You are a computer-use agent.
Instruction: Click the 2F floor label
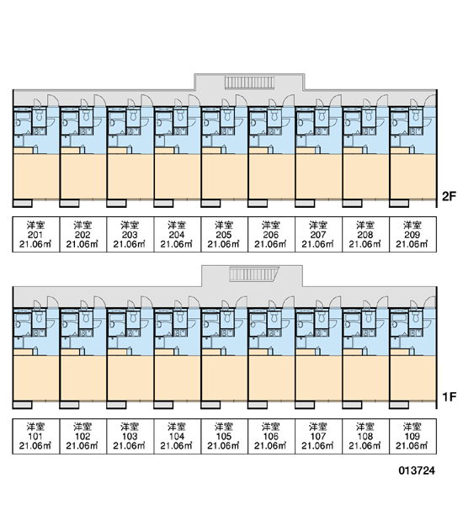[x=450, y=196]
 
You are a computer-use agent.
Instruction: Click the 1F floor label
[x=450, y=397]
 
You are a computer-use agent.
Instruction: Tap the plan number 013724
[x=417, y=470]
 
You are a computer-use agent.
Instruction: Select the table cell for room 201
[x=36, y=234]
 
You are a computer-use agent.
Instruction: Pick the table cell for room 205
[x=224, y=234]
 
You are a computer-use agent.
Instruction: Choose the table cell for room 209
[x=412, y=234]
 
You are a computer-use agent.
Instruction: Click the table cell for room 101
[x=36, y=436]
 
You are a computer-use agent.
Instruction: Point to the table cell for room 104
[x=178, y=436]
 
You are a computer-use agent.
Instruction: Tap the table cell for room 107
[x=319, y=436]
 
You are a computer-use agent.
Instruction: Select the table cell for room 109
[x=412, y=436]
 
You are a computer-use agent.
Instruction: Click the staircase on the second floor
[x=249, y=82]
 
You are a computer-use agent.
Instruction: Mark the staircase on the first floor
[x=254, y=274]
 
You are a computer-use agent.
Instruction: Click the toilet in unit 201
[x=40, y=115]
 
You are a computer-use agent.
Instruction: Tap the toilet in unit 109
[x=416, y=317]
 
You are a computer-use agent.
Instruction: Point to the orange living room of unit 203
[x=130, y=177]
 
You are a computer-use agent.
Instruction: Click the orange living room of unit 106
[x=271, y=378]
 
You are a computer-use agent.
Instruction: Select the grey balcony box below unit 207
[x=305, y=203]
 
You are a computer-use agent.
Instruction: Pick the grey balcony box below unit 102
[x=69, y=405]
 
